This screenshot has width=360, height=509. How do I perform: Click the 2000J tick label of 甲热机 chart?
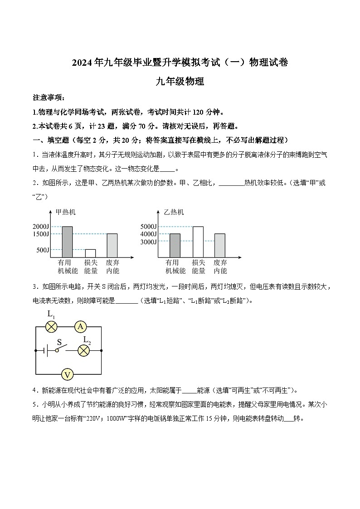40,227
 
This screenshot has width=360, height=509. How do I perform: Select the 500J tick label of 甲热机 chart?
42,250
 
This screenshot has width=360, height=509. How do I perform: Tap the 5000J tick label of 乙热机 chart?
149,227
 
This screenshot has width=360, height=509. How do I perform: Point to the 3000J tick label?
149,242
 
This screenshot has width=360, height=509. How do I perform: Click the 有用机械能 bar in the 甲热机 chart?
67,242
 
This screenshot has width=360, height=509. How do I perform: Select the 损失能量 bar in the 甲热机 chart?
90,253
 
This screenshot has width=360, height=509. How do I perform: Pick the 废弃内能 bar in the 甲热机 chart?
112,245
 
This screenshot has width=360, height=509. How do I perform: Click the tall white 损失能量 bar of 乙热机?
198,242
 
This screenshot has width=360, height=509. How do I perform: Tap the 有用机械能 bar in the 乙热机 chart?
175,245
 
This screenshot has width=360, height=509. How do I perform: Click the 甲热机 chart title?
65,212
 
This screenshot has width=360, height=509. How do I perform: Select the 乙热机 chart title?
174,212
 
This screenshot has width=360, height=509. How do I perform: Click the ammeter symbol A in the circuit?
80,326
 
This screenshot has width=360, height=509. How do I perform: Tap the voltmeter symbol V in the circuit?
68,374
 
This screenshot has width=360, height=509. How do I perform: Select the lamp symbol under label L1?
52,326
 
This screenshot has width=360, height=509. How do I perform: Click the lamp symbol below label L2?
83,350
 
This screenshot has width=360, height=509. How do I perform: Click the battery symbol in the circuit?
43,350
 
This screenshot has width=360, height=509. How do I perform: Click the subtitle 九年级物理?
180,82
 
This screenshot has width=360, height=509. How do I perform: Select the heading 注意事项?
49,98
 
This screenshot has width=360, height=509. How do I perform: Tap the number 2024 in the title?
81,63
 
